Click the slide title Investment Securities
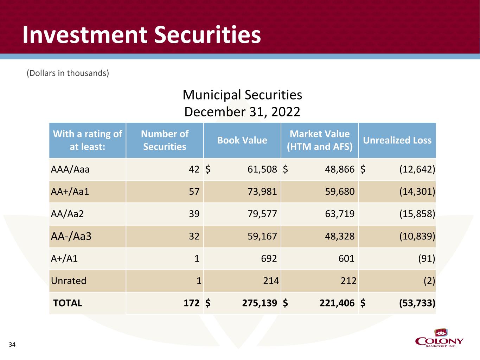(142, 34)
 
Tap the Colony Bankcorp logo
(439, 338)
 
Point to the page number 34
(12, 345)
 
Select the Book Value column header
(242, 140)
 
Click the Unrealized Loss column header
(397, 140)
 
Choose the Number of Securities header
(165, 140)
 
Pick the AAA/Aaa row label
(70, 169)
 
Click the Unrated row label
(69, 281)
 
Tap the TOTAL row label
(68, 303)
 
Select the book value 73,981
(262, 192)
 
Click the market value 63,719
(340, 214)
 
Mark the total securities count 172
(192, 303)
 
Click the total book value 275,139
(260, 303)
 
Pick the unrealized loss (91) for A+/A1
(427, 259)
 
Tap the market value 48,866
(340, 169)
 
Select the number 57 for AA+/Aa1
(194, 192)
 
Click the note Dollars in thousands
(68, 73)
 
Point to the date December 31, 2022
(242, 112)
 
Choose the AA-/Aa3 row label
(71, 236)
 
